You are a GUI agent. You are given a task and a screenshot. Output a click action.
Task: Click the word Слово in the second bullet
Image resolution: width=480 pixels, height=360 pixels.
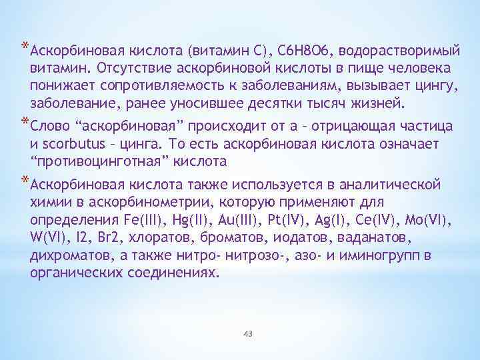click(x=49, y=126)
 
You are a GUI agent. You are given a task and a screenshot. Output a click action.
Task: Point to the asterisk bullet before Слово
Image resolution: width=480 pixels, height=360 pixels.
click(x=25, y=123)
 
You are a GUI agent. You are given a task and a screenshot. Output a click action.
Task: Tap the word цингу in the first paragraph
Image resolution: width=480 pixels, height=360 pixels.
click(x=436, y=86)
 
